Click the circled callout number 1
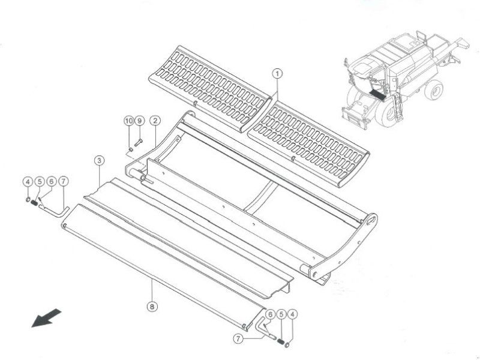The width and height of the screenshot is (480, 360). pos(277,74)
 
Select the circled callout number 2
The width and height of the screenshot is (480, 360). pos(155,121)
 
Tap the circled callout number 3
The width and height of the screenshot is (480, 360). pos(99,160)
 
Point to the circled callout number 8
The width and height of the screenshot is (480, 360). pos(152,306)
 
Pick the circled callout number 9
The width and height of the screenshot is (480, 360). pos(139,121)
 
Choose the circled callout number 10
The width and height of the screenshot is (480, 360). pos(129,121)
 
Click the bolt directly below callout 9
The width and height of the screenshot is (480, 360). pos(139,142)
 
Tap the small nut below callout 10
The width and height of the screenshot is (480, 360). pos(130,149)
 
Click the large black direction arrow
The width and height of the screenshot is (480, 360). pos(47,318)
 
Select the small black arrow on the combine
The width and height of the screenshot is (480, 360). pos(377,95)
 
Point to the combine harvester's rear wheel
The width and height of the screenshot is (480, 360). pos(433,89)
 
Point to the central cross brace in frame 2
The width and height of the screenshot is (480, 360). pos(258,196)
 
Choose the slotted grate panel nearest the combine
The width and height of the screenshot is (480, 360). pos(308,145)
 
